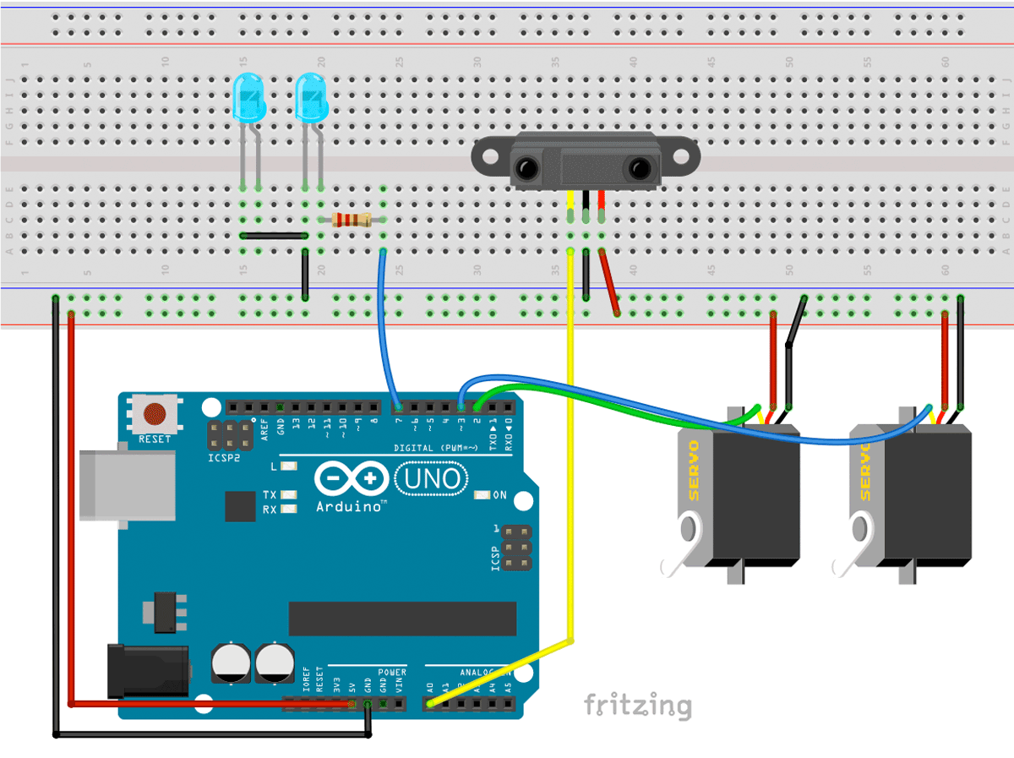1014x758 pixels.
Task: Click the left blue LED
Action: coord(248,95)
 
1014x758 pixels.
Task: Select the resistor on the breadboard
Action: coord(352,220)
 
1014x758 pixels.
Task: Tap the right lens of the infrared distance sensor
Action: coord(635,170)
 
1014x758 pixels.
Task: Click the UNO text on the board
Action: coord(433,479)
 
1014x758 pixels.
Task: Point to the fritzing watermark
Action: coord(638,704)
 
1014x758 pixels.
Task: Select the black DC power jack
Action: coord(148,671)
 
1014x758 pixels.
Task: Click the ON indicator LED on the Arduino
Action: coord(482,495)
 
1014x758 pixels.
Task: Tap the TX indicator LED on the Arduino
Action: coord(289,494)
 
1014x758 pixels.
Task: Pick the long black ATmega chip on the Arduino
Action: coord(402,619)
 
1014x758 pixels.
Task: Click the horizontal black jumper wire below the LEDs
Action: coord(274,236)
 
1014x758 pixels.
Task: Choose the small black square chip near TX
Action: coord(240,505)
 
